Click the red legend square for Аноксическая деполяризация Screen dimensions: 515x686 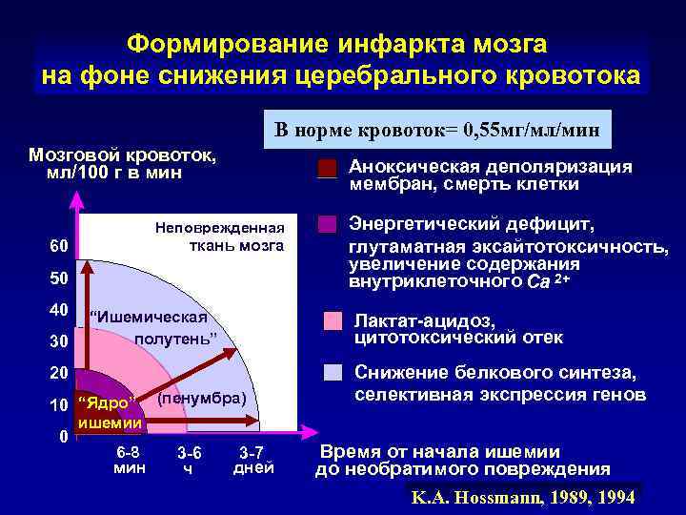click(328, 169)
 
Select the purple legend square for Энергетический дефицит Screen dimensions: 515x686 click(328, 225)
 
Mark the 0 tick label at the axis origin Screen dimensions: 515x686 click(61, 437)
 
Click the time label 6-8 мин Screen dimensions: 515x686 click(128, 460)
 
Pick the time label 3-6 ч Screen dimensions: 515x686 click(189, 460)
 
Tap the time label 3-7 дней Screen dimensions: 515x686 click(252, 460)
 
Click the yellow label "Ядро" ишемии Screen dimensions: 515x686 click(110, 411)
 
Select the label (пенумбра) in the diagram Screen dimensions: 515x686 click(201, 397)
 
